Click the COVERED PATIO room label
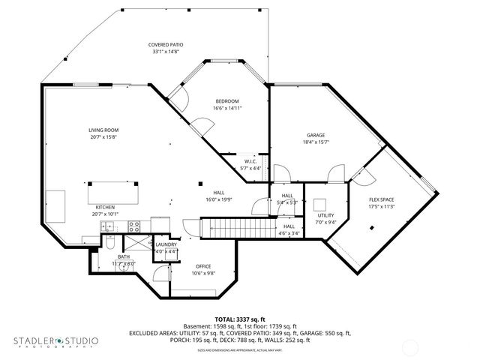coord(166,46)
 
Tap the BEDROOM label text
coord(227,101)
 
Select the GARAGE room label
coord(315,135)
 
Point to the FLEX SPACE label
coord(381,199)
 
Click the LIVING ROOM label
coord(103,130)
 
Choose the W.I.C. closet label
coord(251,161)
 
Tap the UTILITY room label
coord(325,214)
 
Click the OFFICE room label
coord(203,266)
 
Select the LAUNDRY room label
coord(166,244)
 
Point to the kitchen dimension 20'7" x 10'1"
coord(104,213)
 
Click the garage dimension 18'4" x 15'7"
coord(316,142)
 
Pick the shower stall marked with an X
coord(135,244)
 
